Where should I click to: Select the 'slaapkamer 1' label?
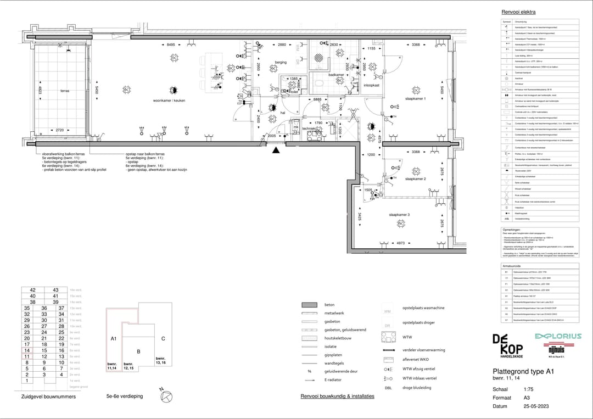pyautogui.click(x=416, y=98)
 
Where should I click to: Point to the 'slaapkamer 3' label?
pyautogui.click(x=399, y=214)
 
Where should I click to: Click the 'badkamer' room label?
pyautogui.click(x=336, y=75)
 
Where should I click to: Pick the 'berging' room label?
pyautogui.click(x=281, y=62)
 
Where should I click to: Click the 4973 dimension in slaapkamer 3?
pyautogui.click(x=400, y=242)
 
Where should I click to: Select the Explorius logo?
pyautogui.click(x=557, y=336)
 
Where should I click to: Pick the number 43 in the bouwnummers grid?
pyautogui.click(x=55, y=290)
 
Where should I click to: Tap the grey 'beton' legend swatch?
pyautogui.click(x=310, y=305)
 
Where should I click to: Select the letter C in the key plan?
pyautogui.click(x=163, y=338)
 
